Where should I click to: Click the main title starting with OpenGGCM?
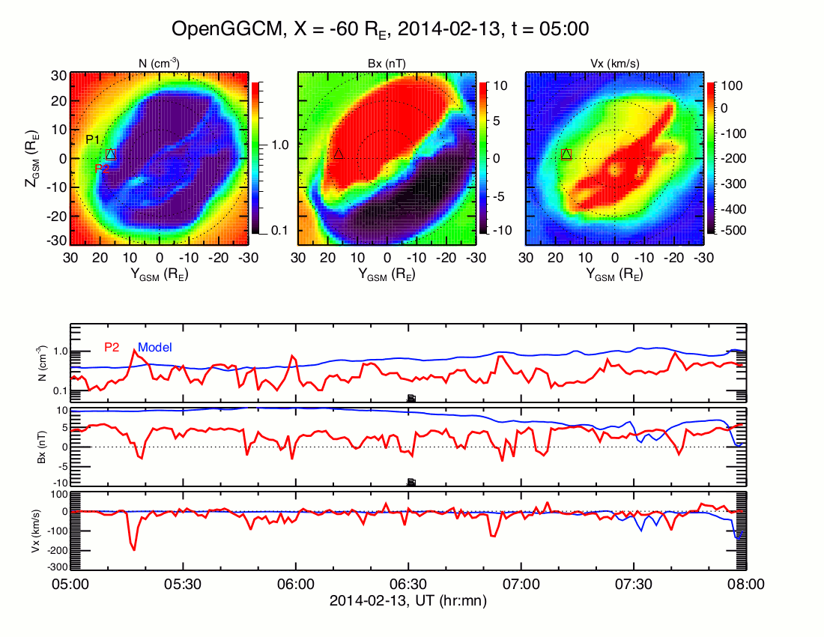click(380, 29)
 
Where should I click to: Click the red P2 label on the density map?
click(102, 169)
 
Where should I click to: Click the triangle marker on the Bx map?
click(339, 154)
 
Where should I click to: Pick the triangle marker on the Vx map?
click(566, 154)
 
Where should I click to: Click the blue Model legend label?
click(155, 347)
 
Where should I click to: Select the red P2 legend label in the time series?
click(112, 347)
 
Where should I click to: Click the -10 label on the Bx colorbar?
click(500, 231)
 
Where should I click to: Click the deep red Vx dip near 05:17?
click(134, 549)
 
